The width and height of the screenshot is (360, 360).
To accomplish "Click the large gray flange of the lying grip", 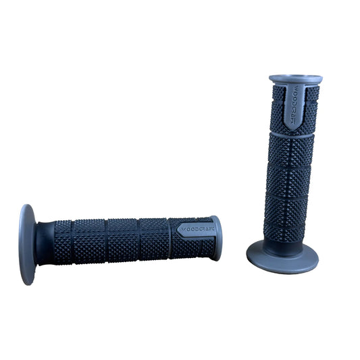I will click(28, 244).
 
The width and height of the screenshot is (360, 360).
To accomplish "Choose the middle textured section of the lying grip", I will click(122, 240).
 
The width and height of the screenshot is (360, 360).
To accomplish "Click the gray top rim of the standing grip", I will click(295, 78).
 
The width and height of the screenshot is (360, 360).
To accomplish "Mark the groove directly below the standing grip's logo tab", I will click(291, 133).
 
